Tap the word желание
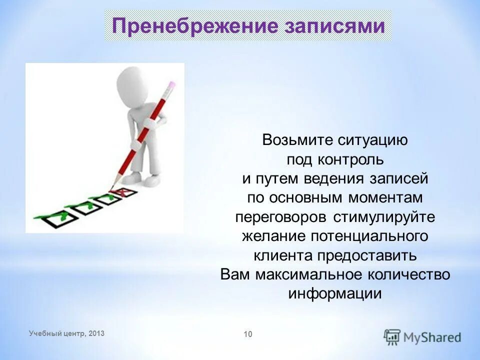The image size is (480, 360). pos(274,236)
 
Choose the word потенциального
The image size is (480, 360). pos(369,236)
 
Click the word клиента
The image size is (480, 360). pos(283,255)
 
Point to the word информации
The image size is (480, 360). pos(335,293)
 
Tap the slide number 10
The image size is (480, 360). pos(248,333)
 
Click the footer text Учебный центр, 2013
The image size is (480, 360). pos(67,333)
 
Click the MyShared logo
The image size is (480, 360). pos(422,336)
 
